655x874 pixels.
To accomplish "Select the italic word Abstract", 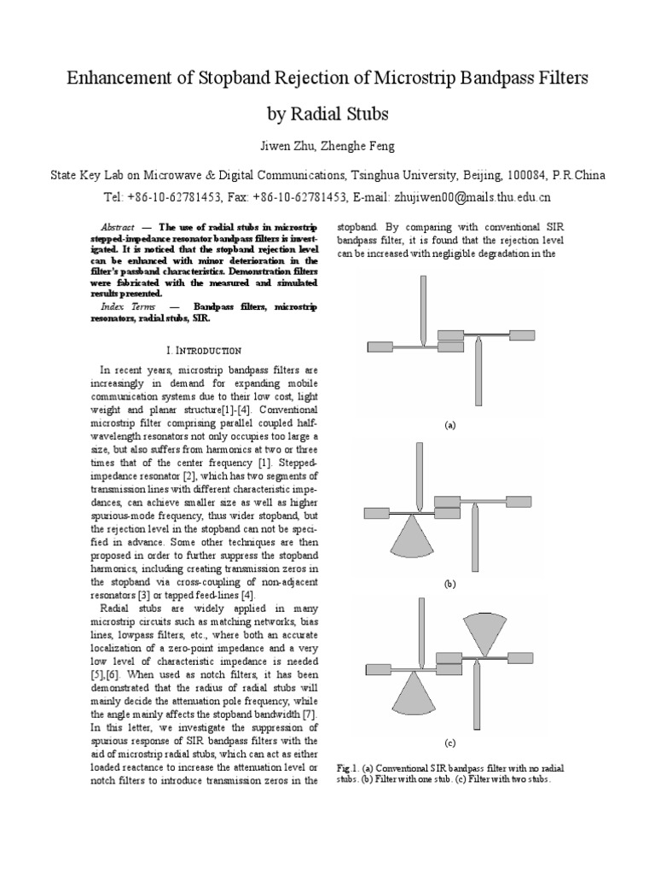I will [117, 227].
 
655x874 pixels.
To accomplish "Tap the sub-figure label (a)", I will [449, 424].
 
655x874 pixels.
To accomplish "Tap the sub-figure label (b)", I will [449, 585].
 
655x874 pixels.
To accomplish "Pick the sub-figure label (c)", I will [449, 743].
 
